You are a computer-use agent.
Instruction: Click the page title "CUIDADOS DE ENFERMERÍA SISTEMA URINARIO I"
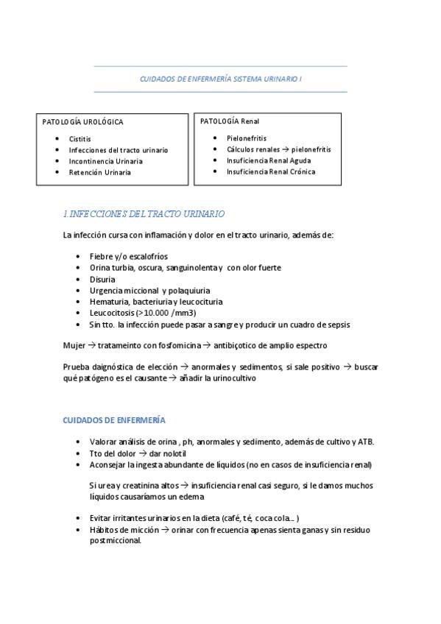[220, 78]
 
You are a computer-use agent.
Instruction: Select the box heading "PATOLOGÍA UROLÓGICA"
[83, 122]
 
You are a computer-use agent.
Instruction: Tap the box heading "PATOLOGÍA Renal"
[230, 121]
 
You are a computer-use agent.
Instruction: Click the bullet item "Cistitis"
[80, 138]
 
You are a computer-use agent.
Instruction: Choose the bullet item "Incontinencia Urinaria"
[105, 161]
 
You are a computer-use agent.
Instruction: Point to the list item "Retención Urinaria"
[99, 172]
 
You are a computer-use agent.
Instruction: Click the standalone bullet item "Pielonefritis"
[247, 138]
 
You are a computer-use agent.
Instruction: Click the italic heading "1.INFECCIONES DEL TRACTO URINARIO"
[144, 213]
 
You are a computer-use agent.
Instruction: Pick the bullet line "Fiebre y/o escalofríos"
[124, 257]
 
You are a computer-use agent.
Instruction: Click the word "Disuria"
[102, 280]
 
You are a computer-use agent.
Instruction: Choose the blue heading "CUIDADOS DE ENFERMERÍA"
[114, 420]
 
